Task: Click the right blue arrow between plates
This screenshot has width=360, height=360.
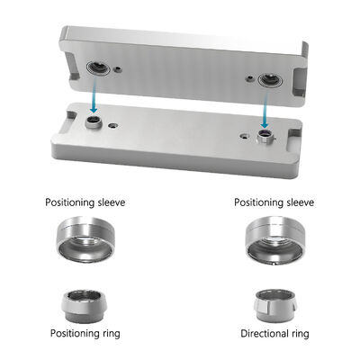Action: pos(265,112)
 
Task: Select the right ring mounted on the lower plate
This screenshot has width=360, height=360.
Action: pos(265,137)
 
